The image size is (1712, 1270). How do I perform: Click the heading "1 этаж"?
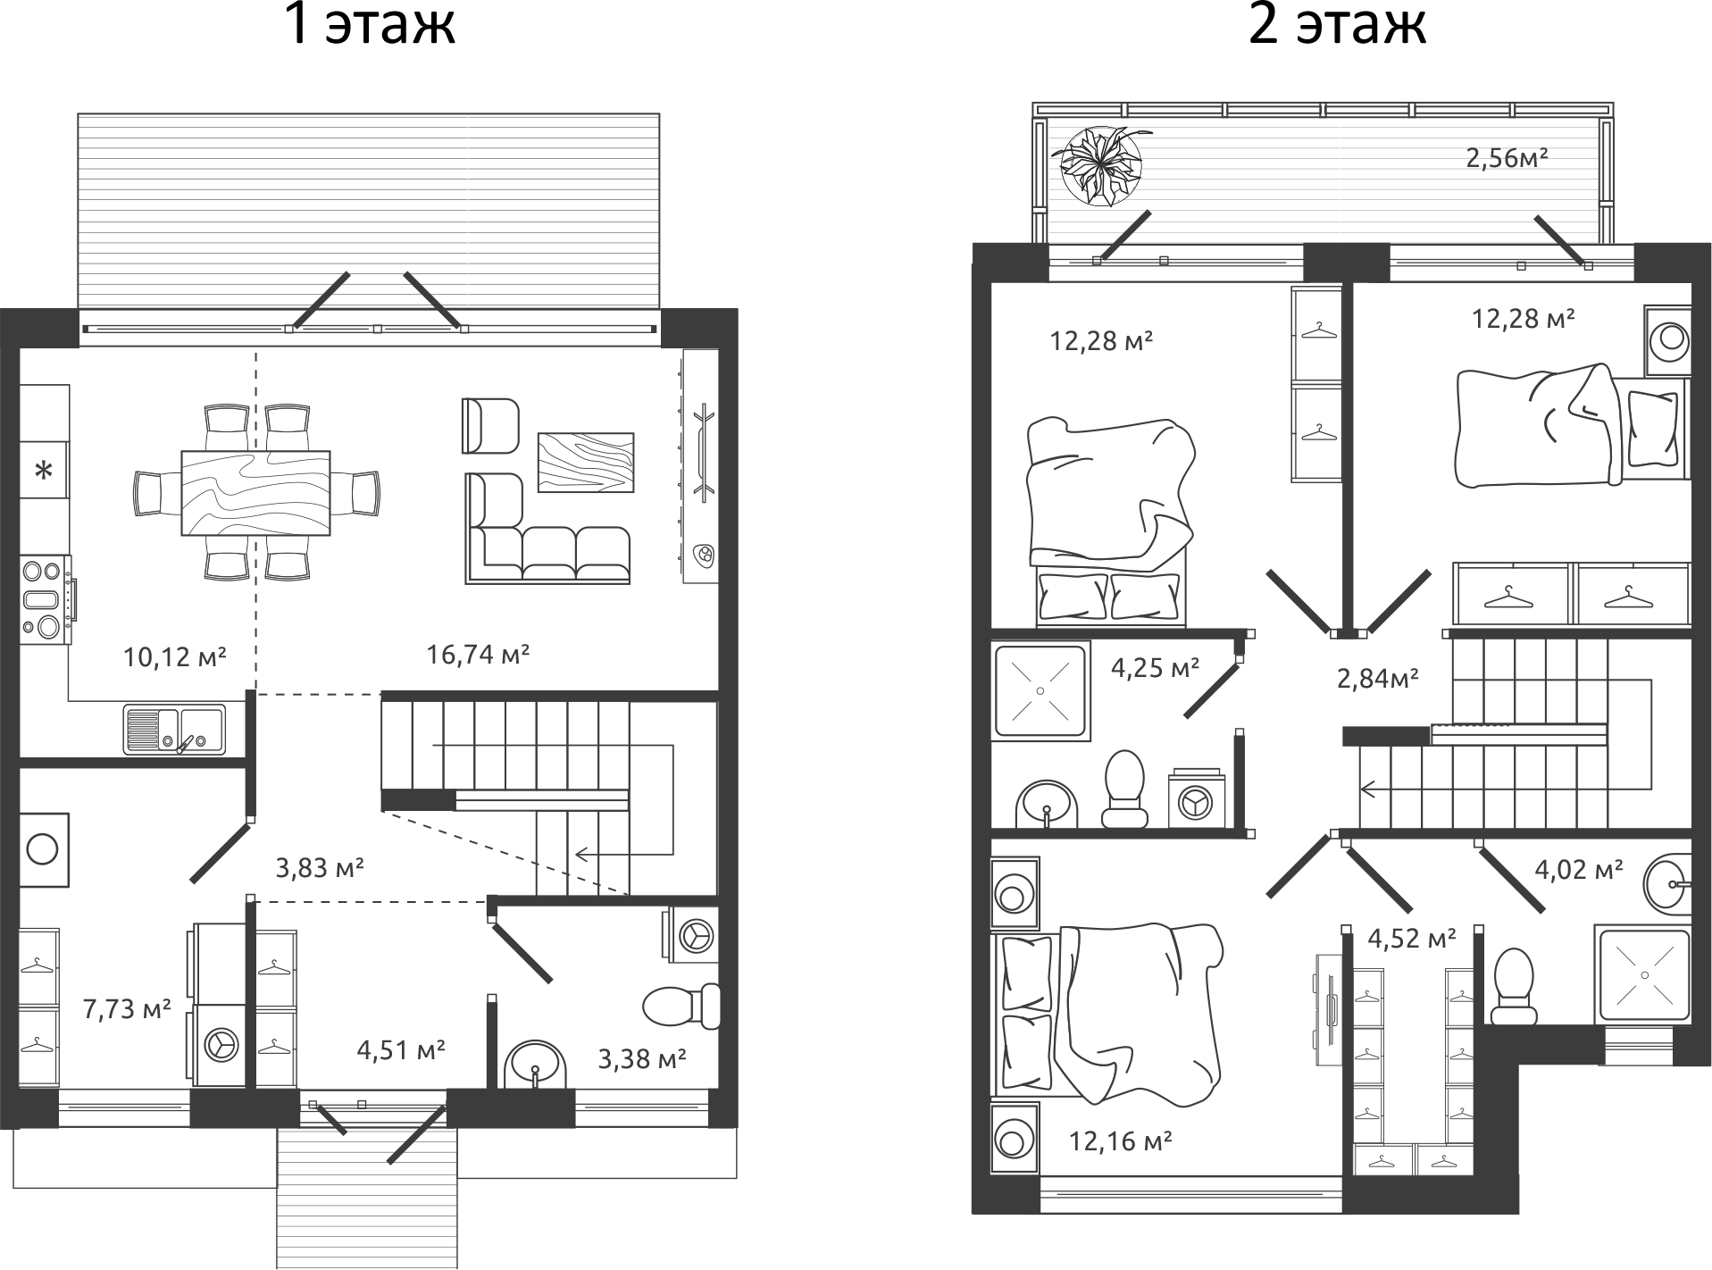point(369,24)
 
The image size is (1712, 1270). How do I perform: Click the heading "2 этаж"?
point(1336,24)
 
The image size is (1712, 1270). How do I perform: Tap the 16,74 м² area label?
point(478,655)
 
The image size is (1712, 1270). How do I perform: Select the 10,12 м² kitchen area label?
point(175,657)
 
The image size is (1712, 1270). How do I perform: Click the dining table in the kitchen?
point(255,492)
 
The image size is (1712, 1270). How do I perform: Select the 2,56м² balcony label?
point(1506,158)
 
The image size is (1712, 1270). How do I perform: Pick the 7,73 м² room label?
point(127,1009)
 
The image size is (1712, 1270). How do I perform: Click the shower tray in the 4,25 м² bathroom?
point(1041,690)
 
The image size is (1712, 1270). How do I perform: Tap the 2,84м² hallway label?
point(1378,679)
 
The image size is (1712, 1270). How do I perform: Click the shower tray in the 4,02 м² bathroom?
point(1644,973)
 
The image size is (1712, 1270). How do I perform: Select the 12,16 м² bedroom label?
point(1120,1140)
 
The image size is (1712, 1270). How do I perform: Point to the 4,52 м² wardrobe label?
point(1411,938)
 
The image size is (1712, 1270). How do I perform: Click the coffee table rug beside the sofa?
point(585,462)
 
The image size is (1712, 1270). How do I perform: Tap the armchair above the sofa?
point(490,426)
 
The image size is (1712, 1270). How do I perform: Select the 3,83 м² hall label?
point(319,867)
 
